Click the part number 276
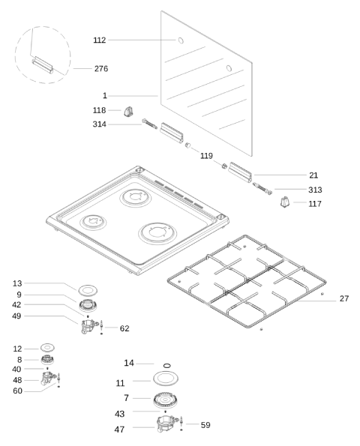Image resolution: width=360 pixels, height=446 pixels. point(101,68)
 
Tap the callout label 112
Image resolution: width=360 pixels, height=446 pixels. point(100,40)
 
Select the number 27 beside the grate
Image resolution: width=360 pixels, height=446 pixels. point(344,298)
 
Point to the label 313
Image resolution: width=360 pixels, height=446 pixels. point(315,190)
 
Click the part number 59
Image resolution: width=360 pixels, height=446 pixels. point(205,425)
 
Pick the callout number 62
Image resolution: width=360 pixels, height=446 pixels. point(124,328)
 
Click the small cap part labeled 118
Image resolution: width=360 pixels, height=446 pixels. point(129,111)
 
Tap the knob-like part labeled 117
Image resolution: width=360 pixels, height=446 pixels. point(285,202)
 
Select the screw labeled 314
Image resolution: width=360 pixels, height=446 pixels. point(149,124)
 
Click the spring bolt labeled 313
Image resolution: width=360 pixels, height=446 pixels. point(262,189)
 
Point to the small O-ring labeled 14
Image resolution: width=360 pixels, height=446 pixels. point(167,365)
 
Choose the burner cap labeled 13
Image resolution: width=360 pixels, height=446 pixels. point(88,290)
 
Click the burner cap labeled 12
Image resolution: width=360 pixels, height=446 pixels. point(47,348)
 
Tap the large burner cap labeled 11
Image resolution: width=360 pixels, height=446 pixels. point(166,379)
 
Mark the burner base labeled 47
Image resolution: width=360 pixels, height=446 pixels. point(167,424)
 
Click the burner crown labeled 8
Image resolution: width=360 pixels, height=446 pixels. point(47,360)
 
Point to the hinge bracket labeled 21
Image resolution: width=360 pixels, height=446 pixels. point(240,172)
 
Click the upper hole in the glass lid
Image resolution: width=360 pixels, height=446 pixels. point(181,40)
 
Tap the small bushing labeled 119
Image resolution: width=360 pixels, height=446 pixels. point(187,145)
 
